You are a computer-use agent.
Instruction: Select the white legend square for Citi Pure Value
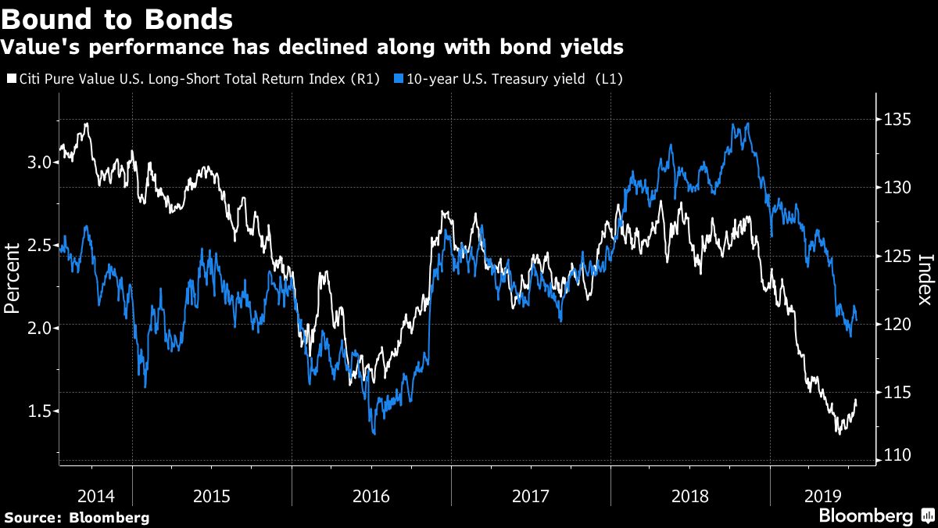[10, 79]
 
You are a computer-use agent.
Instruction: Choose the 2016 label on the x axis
[371, 496]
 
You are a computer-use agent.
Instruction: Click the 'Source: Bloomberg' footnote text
[77, 518]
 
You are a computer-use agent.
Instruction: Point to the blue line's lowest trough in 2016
[374, 433]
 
